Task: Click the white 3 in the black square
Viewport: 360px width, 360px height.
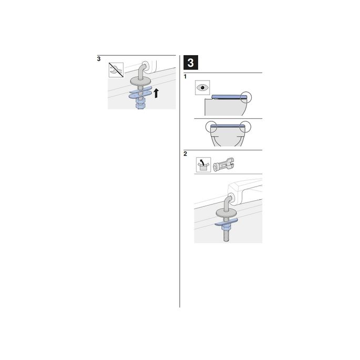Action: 190,64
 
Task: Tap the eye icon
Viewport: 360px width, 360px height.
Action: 202,87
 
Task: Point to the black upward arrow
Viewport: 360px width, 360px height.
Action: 156,94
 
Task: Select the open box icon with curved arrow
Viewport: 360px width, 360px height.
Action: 202,164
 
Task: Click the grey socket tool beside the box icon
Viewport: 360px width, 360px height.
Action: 222,164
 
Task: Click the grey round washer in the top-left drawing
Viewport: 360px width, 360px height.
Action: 141,81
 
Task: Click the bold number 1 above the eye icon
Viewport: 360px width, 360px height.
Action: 185,77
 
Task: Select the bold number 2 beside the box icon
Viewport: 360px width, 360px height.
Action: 186,155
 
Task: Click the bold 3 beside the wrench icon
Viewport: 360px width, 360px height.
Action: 99,59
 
